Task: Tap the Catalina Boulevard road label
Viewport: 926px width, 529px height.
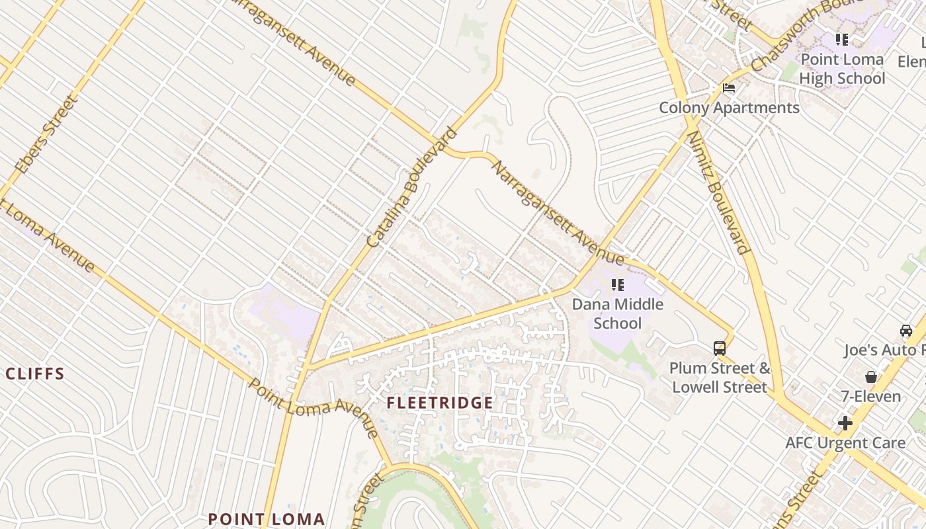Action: pyautogui.click(x=411, y=188)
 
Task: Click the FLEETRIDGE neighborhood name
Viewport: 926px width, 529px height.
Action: pyautogui.click(x=440, y=403)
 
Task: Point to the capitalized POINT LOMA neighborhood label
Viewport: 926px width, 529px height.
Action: pyautogui.click(x=267, y=519)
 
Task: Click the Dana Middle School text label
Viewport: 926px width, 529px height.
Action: pyautogui.click(x=617, y=313)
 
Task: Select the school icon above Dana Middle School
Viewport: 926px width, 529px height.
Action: pyautogui.click(x=617, y=285)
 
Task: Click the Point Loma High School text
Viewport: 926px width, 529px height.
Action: pyautogui.click(x=841, y=69)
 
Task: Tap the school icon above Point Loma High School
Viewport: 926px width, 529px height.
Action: pyautogui.click(x=841, y=40)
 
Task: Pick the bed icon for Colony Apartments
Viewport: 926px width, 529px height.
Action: pyautogui.click(x=729, y=87)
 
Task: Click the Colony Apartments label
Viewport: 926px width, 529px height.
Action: pyautogui.click(x=729, y=108)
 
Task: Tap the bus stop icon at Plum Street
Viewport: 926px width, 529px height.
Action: pyautogui.click(x=719, y=348)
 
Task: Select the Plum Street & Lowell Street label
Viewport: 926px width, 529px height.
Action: pyautogui.click(x=720, y=378)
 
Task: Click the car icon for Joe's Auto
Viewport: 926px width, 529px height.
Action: pyautogui.click(x=905, y=330)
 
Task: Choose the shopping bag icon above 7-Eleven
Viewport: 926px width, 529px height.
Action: pyautogui.click(x=871, y=377)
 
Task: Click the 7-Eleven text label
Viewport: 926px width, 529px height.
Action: pyautogui.click(x=871, y=397)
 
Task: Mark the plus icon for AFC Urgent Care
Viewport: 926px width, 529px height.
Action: pyautogui.click(x=845, y=423)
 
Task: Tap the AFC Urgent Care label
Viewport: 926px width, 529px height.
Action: pyautogui.click(x=845, y=443)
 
